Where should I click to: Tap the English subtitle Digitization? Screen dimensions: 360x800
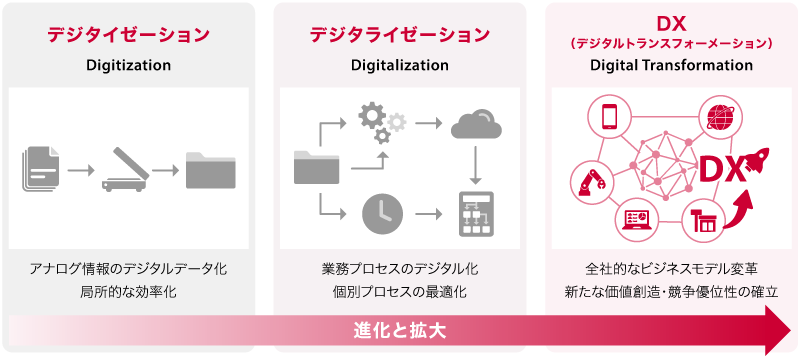tap(128, 66)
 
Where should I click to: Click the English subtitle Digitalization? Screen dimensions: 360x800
tap(400, 66)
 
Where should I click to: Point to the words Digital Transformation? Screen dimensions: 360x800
tap(671, 66)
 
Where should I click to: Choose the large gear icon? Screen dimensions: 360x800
tap(372, 118)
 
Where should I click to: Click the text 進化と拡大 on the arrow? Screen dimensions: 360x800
tap(400, 329)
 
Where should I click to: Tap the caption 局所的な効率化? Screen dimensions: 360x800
tap(128, 292)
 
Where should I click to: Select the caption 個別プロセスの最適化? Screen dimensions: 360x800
tap(400, 292)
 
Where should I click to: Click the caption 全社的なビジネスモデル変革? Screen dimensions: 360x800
tap(671, 269)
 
